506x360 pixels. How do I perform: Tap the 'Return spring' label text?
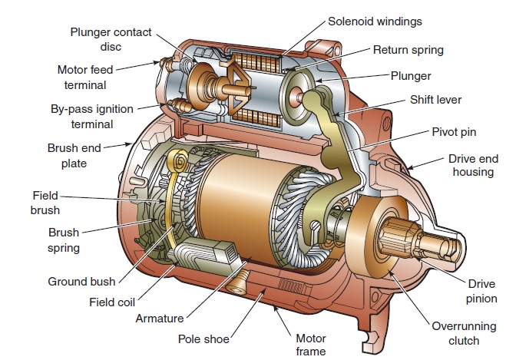pyautogui.click(x=408, y=50)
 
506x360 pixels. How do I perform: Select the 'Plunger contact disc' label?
pyautogui.click(x=111, y=38)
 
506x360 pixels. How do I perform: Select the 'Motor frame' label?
pyautogui.click(x=311, y=345)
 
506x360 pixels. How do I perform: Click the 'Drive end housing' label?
pyautogui.click(x=471, y=165)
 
